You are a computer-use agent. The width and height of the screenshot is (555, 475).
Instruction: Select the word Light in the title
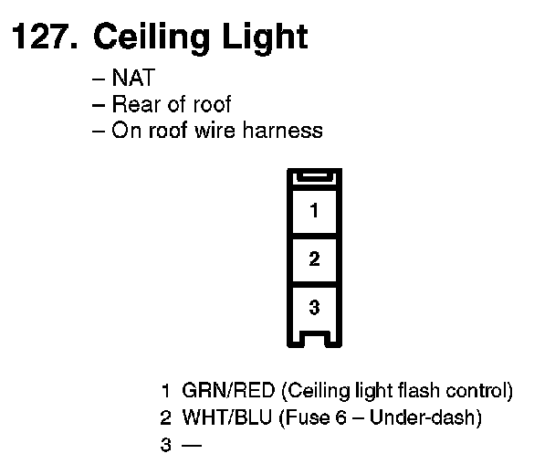click(x=263, y=37)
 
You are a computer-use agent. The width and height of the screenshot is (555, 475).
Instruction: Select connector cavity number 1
click(x=314, y=211)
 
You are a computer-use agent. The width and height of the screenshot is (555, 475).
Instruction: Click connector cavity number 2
click(x=314, y=259)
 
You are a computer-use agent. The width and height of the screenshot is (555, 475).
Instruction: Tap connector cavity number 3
click(x=314, y=308)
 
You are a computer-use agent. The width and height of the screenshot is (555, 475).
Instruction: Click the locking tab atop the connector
click(x=314, y=179)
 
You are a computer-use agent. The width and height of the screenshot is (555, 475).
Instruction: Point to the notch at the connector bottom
click(x=314, y=340)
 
